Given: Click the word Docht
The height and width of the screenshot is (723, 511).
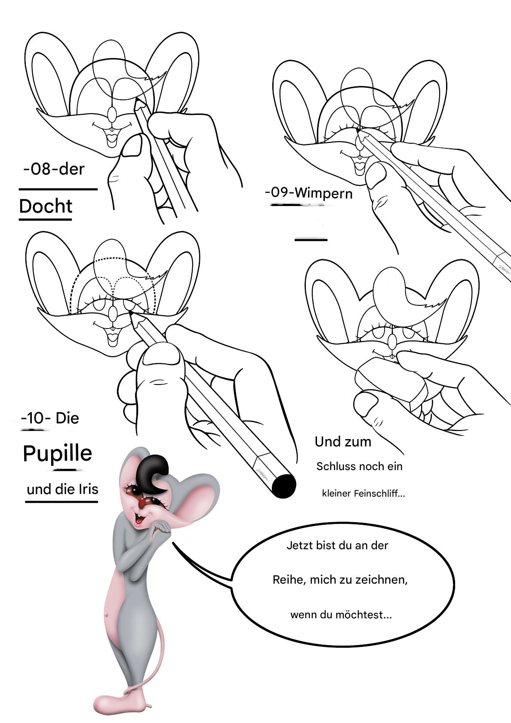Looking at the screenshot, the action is coord(46,206).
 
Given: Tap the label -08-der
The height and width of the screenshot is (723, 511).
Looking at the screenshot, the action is coord(54,169).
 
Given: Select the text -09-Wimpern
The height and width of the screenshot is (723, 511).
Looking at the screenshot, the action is coord(308,193).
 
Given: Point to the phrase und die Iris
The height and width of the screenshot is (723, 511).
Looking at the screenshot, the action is coord(63,489).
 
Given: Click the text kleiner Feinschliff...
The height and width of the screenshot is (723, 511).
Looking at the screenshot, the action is coord(363,493).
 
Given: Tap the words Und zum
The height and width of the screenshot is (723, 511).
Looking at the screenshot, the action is coord(343,442).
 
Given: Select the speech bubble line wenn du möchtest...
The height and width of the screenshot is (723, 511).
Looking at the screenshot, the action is coord(341,615).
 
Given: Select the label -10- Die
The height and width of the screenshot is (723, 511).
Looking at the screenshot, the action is coord(50,418).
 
